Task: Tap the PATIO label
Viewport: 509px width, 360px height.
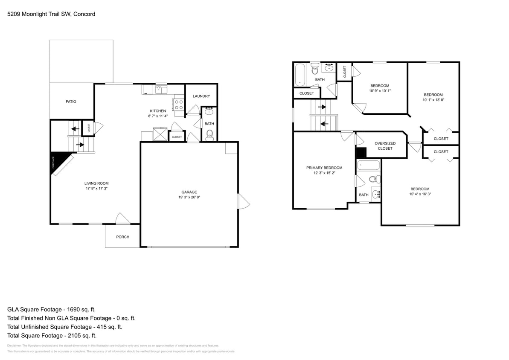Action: (x=71, y=102)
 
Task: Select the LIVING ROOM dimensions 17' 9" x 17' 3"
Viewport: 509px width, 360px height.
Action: (x=96, y=188)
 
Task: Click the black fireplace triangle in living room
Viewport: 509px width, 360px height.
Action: (x=56, y=161)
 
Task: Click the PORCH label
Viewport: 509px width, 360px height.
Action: (x=122, y=237)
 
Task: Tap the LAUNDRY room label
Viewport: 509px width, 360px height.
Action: (x=201, y=96)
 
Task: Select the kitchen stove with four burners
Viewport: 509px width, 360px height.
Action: (x=178, y=105)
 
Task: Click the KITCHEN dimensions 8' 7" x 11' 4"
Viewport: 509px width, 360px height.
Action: (x=158, y=116)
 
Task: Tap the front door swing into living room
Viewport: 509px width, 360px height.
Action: (x=122, y=218)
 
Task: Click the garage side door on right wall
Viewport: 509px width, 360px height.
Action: (x=243, y=201)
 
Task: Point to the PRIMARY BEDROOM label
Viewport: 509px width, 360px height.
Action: (x=324, y=168)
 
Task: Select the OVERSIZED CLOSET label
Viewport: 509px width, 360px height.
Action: (x=385, y=145)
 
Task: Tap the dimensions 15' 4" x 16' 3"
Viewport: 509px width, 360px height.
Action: (x=420, y=194)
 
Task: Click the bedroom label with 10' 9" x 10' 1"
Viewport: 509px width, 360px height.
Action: (x=379, y=86)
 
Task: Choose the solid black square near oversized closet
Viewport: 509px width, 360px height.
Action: (x=361, y=153)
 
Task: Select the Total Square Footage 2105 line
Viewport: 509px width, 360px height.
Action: (x=49, y=336)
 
